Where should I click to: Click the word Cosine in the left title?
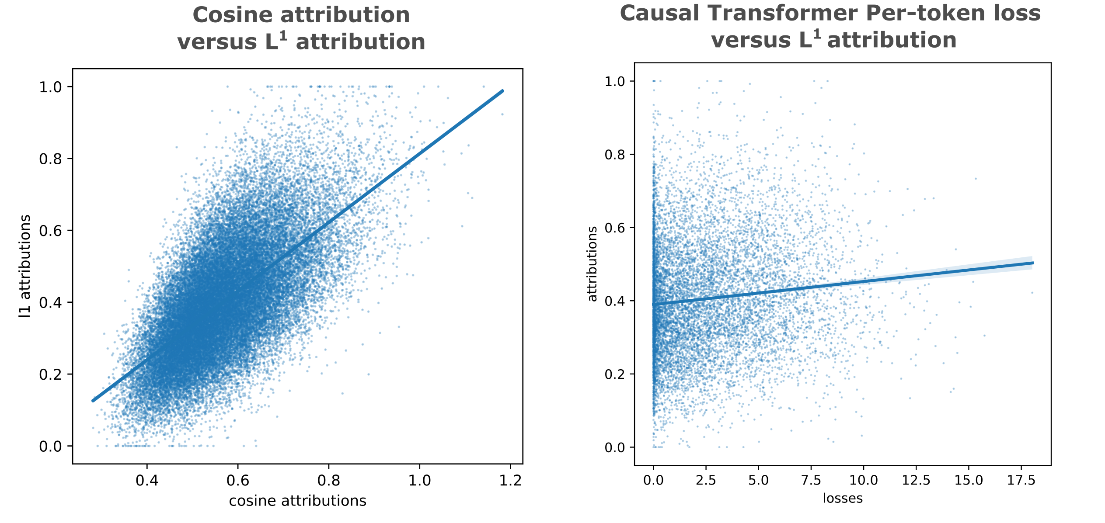[x=233, y=15]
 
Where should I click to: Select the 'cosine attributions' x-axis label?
[x=297, y=501]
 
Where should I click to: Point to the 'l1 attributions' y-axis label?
[x=25, y=266]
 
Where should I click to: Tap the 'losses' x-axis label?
[x=843, y=499]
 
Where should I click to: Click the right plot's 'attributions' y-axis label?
[x=592, y=264]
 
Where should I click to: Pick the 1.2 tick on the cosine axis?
[x=510, y=481]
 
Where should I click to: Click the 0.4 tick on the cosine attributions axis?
[x=147, y=481]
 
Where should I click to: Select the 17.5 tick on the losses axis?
[x=1021, y=480]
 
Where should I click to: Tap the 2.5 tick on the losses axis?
[x=706, y=480]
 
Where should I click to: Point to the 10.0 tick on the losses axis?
[x=863, y=480]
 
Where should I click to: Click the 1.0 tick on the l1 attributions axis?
[x=50, y=87]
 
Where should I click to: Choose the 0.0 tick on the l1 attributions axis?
[x=50, y=447]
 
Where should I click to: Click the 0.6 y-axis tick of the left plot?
[x=50, y=231]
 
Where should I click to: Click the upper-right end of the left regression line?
[x=503, y=91]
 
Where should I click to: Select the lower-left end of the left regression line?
[x=93, y=401]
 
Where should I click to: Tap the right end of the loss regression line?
[x=1033, y=263]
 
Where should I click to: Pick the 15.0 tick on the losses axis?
[x=969, y=480]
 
